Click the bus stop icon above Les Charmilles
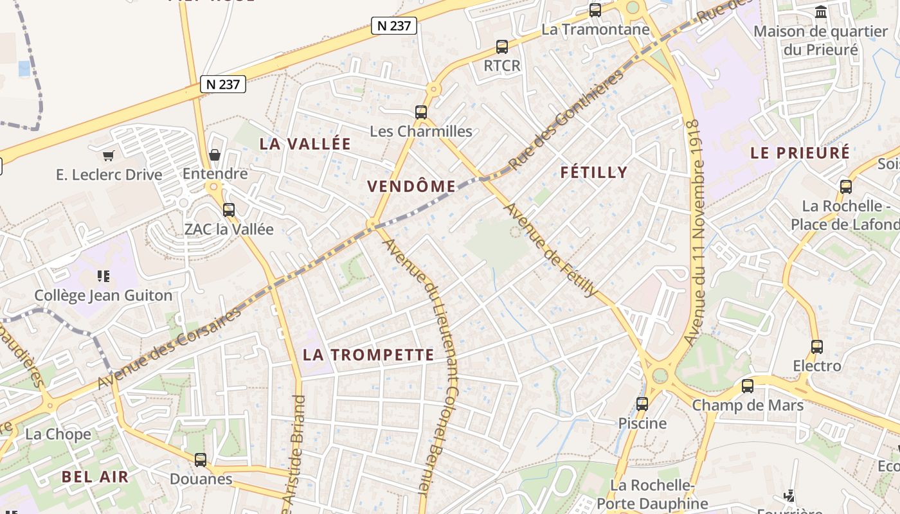(421, 112)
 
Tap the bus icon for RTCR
(502, 47)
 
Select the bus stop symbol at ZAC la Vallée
(228, 209)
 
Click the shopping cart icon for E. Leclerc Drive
(108, 155)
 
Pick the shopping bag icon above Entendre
(215, 155)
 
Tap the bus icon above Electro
(817, 347)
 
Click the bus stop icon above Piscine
(642, 404)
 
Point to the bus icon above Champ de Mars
(748, 386)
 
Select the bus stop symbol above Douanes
(201, 460)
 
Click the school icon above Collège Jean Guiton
(104, 276)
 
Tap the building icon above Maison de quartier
(821, 12)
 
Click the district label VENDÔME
(411, 186)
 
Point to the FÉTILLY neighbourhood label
(593, 172)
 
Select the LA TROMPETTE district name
(368, 355)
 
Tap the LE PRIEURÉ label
(800, 153)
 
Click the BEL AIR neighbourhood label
(95, 477)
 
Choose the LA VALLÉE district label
(305, 144)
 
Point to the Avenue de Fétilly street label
(550, 250)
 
